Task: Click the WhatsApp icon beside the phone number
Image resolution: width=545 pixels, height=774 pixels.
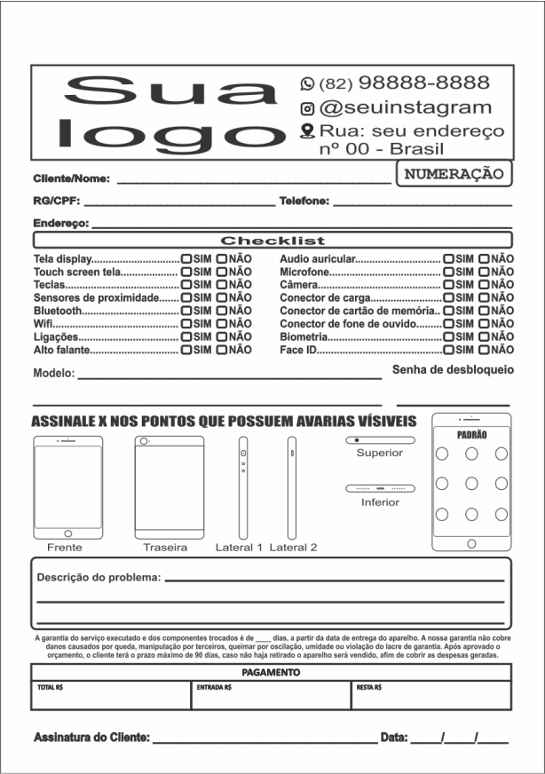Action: pyautogui.click(x=308, y=83)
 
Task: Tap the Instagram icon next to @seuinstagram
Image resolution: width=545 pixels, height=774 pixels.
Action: pyautogui.click(x=308, y=108)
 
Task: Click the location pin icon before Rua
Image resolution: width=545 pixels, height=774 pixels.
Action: pyautogui.click(x=308, y=131)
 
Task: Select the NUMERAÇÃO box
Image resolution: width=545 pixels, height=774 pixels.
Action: pyautogui.click(x=454, y=174)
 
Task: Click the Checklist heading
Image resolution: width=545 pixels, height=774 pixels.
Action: pyautogui.click(x=272, y=241)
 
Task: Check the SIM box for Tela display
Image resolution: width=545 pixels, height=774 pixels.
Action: pyautogui.click(x=186, y=259)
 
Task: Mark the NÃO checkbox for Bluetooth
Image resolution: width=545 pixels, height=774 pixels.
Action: pyautogui.click(x=222, y=312)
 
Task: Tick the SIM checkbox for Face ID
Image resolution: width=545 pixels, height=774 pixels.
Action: pyautogui.click(x=448, y=351)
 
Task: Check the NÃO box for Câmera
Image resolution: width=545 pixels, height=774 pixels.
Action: pyautogui.click(x=484, y=285)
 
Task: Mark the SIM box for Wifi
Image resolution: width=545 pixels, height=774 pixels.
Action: pyautogui.click(x=186, y=325)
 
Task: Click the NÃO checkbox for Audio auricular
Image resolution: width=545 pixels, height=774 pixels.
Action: pyautogui.click(x=484, y=259)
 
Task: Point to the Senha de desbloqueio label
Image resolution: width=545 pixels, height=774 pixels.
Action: pyautogui.click(x=453, y=368)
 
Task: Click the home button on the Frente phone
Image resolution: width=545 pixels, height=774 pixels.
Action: pyautogui.click(x=67, y=534)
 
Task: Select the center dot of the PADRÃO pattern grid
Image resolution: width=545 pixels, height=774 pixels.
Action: pyautogui.click(x=471, y=484)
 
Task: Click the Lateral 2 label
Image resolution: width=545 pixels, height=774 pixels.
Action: pyautogui.click(x=293, y=548)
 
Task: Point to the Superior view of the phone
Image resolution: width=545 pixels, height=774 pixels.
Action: pyautogui.click(x=380, y=440)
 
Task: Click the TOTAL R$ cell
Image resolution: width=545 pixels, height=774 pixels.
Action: pyautogui.click(x=112, y=697)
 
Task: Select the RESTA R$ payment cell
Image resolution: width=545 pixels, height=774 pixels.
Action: pyautogui.click(x=431, y=697)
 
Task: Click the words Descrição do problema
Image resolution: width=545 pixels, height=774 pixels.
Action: pyautogui.click(x=98, y=578)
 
